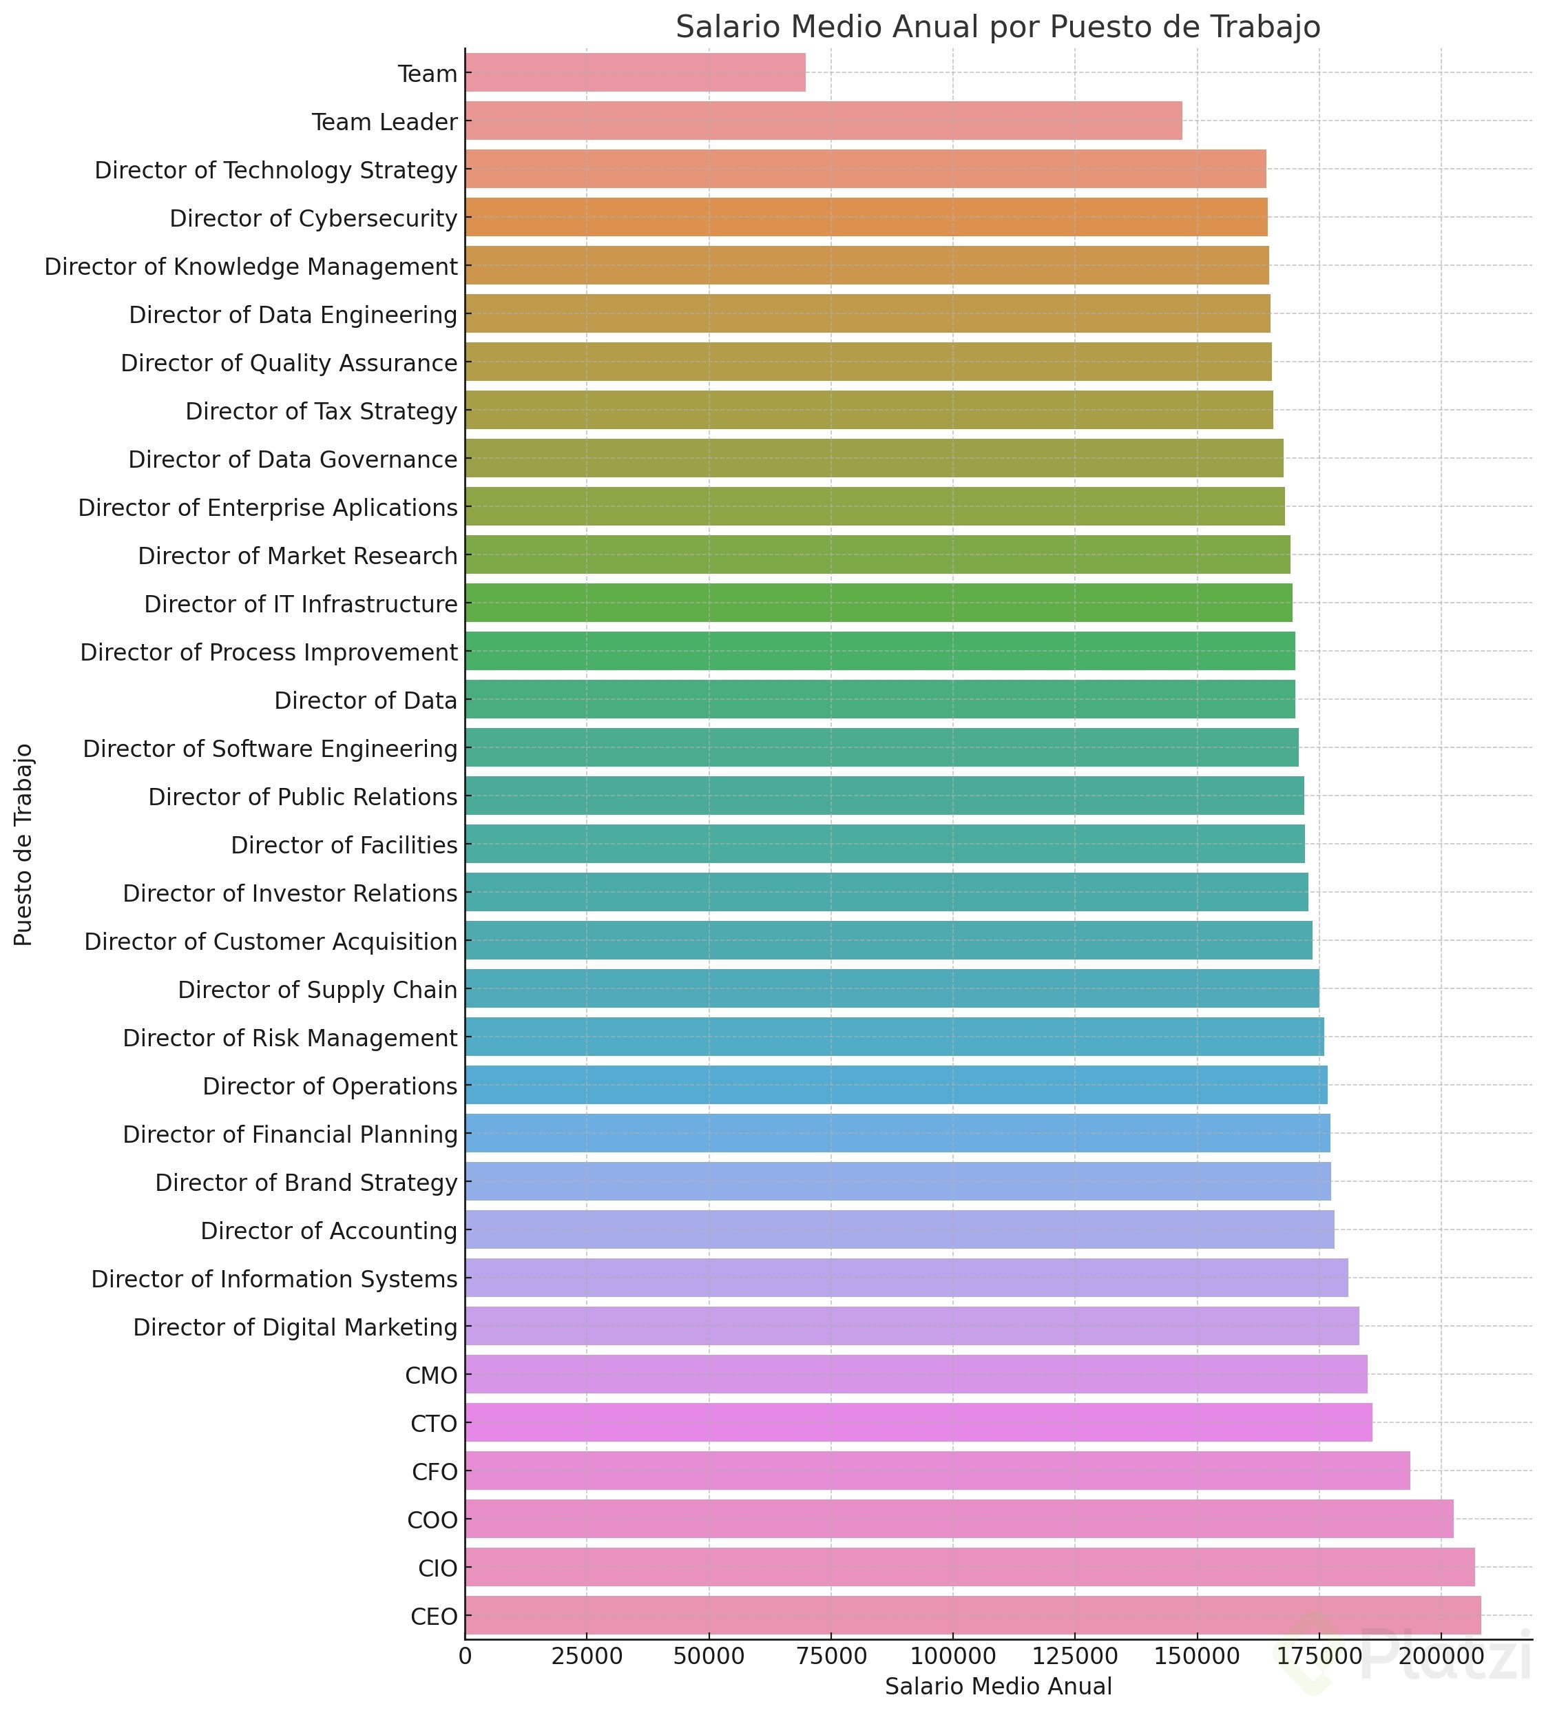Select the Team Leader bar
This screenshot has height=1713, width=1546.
pyautogui.click(x=822, y=121)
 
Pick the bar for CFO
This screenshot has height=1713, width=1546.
pyautogui.click(x=937, y=1472)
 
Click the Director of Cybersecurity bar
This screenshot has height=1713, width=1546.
pyautogui.click(x=866, y=218)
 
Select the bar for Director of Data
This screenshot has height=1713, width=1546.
pyautogui.click(x=879, y=699)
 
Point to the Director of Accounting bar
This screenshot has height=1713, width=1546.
pyautogui.click(x=899, y=1229)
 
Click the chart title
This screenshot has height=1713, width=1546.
pyautogui.click(x=997, y=27)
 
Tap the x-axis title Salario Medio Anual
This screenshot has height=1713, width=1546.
pyautogui.click(x=998, y=1687)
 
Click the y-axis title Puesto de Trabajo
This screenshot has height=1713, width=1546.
pyautogui.click(x=24, y=845)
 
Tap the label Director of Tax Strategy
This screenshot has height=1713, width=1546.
pyautogui.click(x=321, y=411)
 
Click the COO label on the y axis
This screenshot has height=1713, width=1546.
pyautogui.click(x=432, y=1520)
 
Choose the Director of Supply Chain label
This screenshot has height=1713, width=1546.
pyautogui.click(x=317, y=990)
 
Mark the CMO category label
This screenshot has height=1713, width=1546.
pyautogui.click(x=432, y=1375)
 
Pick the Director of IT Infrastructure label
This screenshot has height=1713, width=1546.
pyautogui.click(x=301, y=604)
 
